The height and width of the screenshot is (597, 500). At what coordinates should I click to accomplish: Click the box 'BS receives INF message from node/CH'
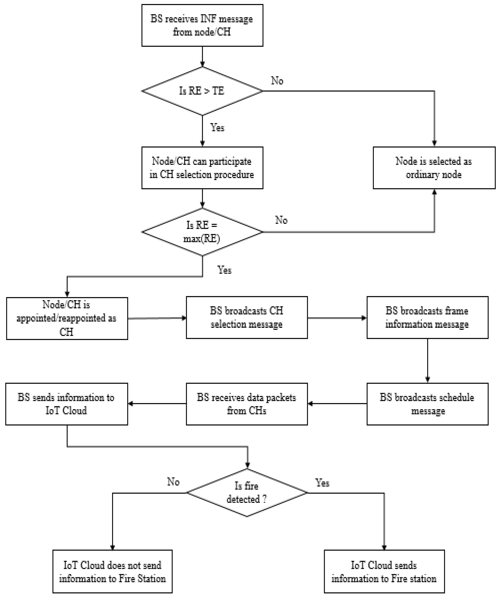click(x=202, y=25)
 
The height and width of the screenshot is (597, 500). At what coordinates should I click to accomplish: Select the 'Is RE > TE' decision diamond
click(x=202, y=91)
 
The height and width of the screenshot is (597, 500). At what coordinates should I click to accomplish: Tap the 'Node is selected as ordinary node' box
click(x=434, y=168)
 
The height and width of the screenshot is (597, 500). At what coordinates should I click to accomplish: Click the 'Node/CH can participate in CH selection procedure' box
click(x=202, y=168)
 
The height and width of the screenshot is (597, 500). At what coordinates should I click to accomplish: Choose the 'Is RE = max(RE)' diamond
click(x=202, y=232)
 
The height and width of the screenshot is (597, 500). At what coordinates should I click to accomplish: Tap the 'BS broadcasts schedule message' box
click(x=427, y=404)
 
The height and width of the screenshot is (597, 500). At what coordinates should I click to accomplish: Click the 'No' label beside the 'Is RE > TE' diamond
click(x=277, y=81)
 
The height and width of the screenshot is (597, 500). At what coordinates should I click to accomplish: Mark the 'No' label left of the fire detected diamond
click(x=173, y=482)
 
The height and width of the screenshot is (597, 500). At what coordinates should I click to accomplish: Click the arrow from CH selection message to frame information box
click(x=337, y=318)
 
